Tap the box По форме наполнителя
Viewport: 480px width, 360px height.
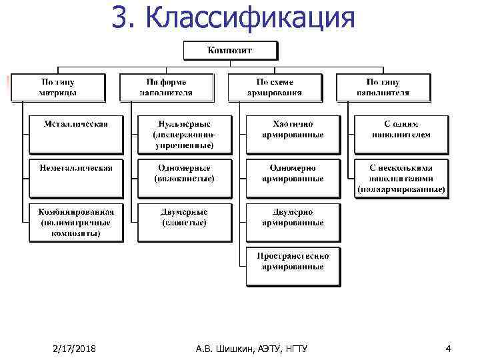[166, 87]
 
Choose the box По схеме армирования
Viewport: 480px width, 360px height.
[275, 87]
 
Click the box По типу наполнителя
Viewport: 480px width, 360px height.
[383, 87]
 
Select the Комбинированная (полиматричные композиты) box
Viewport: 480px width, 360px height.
[76, 222]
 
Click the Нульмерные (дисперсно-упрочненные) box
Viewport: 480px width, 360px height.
[184, 134]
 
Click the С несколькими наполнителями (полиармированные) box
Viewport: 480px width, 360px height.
[400, 179]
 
